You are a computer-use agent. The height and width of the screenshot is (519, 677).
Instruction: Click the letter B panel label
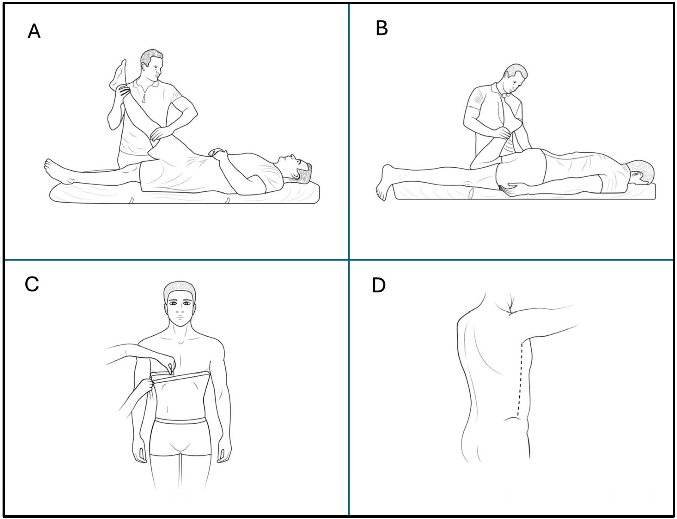tap(382, 28)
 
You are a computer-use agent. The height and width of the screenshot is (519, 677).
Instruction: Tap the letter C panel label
tap(32, 284)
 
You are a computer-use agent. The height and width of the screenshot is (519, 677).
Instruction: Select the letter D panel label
tap(379, 285)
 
